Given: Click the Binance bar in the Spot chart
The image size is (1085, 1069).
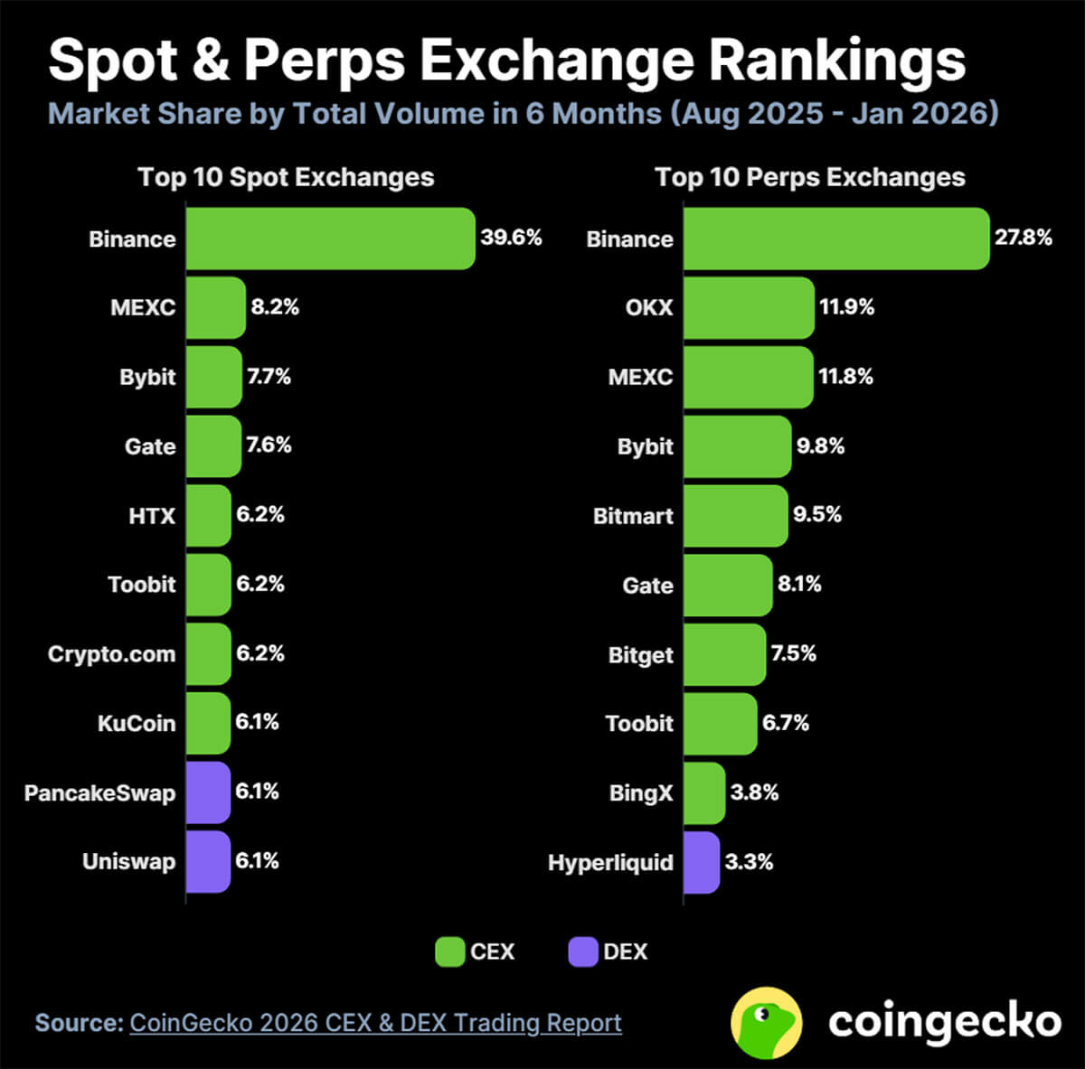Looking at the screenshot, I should [330, 239].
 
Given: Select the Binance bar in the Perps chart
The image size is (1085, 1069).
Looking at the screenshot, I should [836, 239].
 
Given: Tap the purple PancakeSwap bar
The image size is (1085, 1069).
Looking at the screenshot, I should [209, 792].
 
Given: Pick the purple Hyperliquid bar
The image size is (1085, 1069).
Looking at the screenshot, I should [702, 862].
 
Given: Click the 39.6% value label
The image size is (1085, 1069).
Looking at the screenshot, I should [511, 238].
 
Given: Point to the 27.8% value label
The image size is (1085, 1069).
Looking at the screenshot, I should [1024, 238].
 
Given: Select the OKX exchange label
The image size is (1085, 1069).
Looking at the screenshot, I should [649, 307].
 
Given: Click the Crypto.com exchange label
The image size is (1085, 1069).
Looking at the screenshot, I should [111, 654].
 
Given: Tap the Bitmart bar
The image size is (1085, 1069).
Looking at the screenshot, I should [735, 516].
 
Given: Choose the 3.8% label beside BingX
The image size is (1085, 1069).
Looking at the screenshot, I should [754, 792].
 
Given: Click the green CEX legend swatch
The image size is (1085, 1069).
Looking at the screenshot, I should [449, 952].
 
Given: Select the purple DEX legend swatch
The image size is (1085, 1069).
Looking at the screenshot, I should [583, 952].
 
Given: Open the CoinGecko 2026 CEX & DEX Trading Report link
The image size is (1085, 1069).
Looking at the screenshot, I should [375, 1023].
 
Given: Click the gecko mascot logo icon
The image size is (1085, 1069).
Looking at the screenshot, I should [766, 1022].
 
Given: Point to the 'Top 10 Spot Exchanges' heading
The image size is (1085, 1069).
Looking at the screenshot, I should [286, 177].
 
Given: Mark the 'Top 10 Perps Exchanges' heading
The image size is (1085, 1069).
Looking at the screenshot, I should [810, 177].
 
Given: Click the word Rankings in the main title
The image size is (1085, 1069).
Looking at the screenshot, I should [836, 61].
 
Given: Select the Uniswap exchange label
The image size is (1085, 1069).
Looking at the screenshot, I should [128, 861].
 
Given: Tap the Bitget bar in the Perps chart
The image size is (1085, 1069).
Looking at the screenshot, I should [724, 654].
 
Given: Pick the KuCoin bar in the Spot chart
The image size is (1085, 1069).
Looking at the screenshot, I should [209, 723].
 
